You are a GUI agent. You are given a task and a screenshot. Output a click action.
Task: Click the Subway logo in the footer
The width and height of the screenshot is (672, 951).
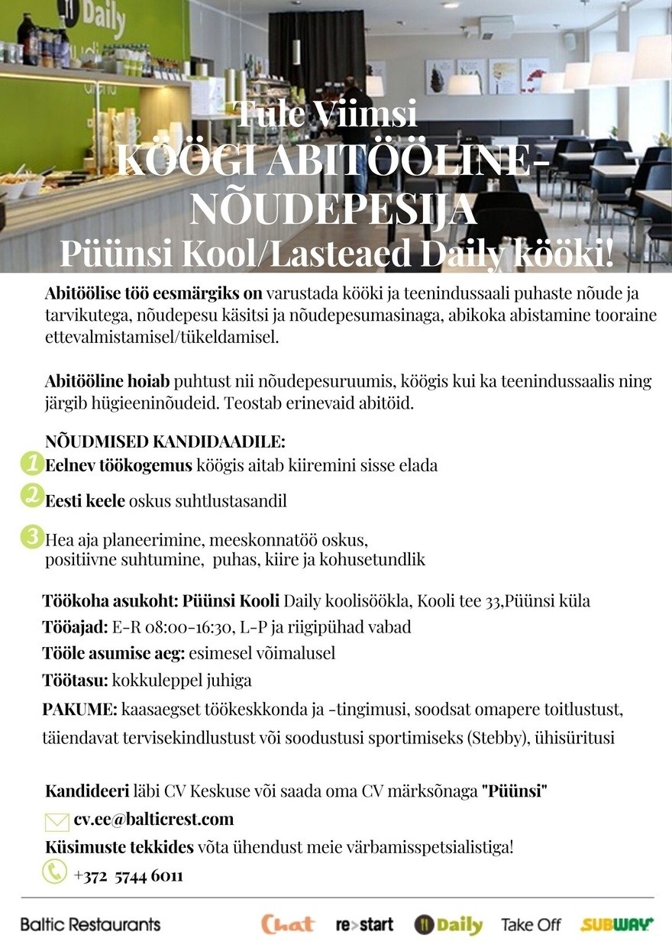pyautogui.click(x=617, y=925)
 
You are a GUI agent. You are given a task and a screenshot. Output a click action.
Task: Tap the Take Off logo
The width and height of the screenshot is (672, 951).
pyautogui.click(x=531, y=925)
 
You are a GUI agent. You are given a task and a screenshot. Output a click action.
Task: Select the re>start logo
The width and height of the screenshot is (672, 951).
pyautogui.click(x=365, y=925)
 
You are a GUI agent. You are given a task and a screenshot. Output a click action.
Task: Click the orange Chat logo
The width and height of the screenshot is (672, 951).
pyautogui.click(x=288, y=924)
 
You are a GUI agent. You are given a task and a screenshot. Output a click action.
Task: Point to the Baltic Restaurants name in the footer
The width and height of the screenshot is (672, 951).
pyautogui.click(x=90, y=924)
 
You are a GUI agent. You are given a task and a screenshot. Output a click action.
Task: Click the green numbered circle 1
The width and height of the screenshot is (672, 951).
pyautogui.click(x=32, y=463)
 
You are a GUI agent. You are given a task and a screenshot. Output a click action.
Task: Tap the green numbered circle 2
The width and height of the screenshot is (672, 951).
pyautogui.click(x=32, y=497)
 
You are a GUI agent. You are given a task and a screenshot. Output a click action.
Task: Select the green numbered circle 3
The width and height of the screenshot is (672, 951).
pyautogui.click(x=32, y=537)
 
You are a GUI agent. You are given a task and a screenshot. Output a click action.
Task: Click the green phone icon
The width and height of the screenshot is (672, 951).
pyautogui.click(x=54, y=872)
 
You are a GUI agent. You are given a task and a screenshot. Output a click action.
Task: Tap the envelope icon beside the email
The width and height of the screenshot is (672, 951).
pyautogui.click(x=57, y=821)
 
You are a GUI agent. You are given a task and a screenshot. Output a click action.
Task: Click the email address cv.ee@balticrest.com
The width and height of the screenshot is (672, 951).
pyautogui.click(x=153, y=820)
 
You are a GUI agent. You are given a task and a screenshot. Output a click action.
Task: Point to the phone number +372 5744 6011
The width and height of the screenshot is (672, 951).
pyautogui.click(x=128, y=875)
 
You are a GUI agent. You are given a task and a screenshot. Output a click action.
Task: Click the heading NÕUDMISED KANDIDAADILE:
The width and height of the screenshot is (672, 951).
pyautogui.click(x=166, y=442)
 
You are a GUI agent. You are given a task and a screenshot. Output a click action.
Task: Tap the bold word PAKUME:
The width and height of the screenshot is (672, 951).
pyautogui.click(x=79, y=710)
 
